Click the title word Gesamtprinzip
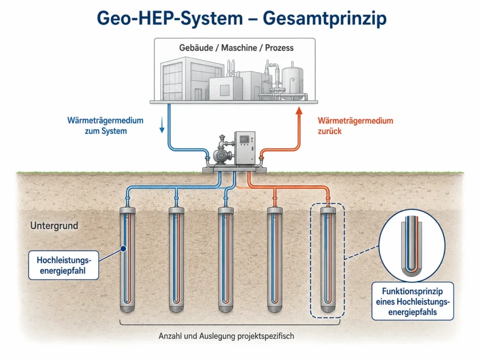[x=324, y=18]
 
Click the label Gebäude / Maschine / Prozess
[x=236, y=48]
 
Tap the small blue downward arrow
[x=162, y=126]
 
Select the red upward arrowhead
[x=299, y=110]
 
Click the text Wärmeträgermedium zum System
[x=105, y=126]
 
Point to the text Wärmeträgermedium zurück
[x=355, y=126]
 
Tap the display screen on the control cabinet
[x=244, y=139]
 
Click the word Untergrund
[x=54, y=225]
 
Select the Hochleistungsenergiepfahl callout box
[x=64, y=265]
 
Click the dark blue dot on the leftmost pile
[x=123, y=249]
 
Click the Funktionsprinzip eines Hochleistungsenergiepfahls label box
[x=412, y=301]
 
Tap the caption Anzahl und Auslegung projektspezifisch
[x=226, y=336]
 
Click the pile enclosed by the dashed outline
[x=328, y=260]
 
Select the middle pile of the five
[x=225, y=260]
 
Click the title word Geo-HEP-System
[x=170, y=18]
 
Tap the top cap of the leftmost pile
[x=127, y=210]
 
